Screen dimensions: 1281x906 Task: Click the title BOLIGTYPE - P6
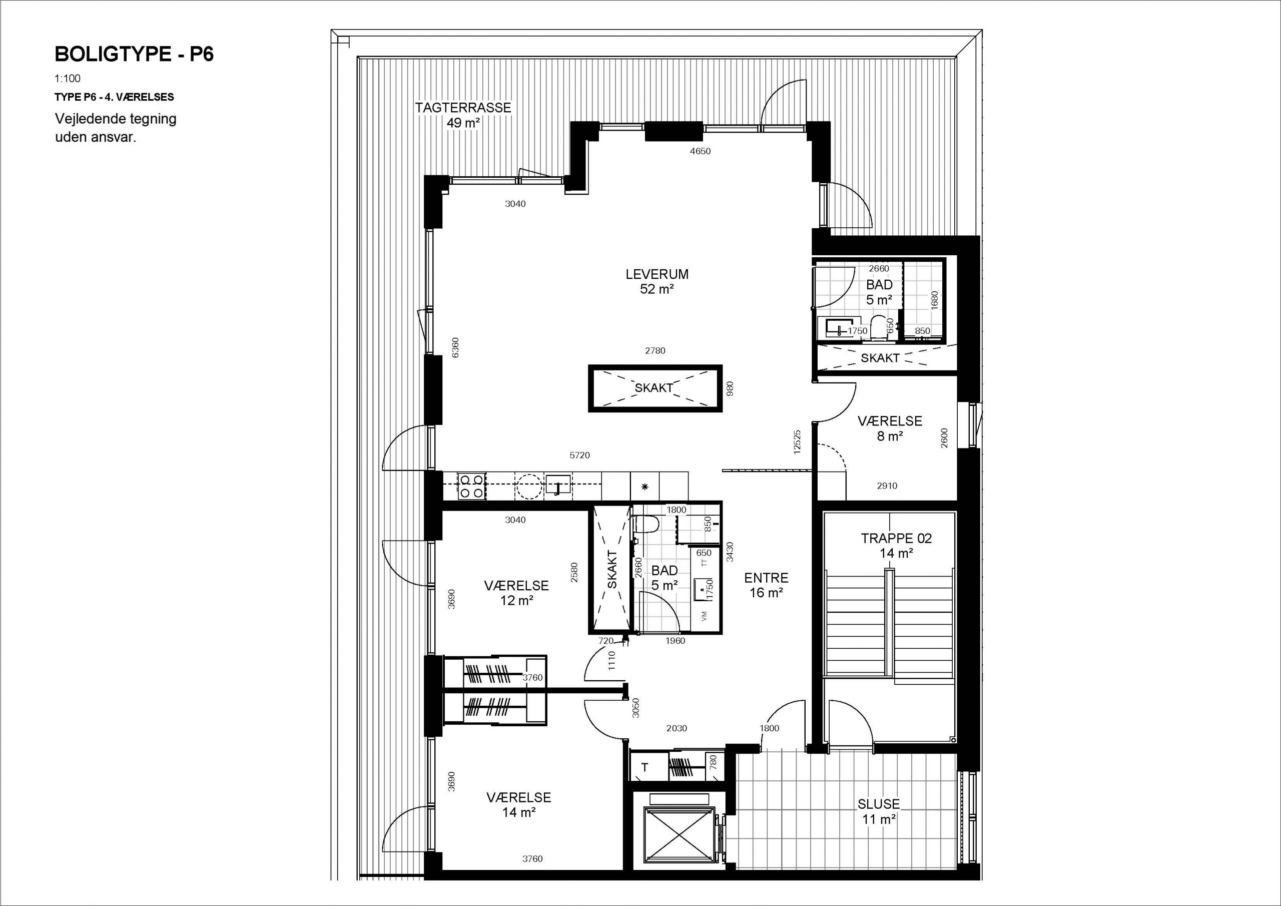click(x=134, y=55)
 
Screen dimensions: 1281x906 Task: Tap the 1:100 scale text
click(x=68, y=79)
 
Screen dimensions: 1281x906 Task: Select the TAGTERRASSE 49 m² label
click(x=463, y=115)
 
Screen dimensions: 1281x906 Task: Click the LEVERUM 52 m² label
click(x=657, y=281)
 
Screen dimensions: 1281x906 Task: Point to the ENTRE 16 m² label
click(x=766, y=585)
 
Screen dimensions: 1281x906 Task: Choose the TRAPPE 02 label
click(x=896, y=539)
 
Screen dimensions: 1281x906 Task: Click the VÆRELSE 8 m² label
click(x=890, y=428)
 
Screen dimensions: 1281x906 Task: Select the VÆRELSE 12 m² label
click(x=516, y=593)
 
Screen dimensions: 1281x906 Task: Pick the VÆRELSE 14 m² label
click(x=519, y=805)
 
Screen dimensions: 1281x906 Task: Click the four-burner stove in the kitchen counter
click(x=471, y=486)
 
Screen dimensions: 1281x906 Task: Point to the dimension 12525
click(x=797, y=441)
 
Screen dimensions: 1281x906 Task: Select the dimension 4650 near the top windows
click(x=700, y=151)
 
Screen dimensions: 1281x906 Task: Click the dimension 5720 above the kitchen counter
click(x=579, y=456)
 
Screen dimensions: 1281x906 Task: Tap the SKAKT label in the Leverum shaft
click(x=654, y=387)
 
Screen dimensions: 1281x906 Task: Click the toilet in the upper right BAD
click(x=879, y=328)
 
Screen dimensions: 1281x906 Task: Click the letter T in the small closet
click(x=645, y=767)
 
